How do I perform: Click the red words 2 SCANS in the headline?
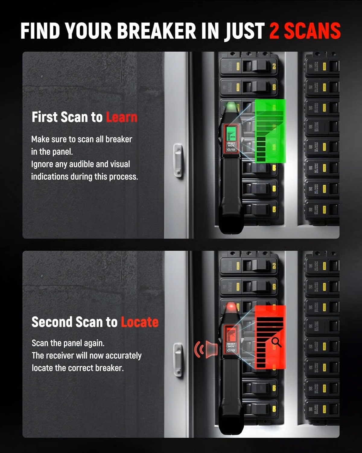point(305,31)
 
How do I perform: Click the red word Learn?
point(122,117)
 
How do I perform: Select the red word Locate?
point(140,322)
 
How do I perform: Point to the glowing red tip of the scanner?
point(231,308)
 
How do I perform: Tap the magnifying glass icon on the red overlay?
point(276,342)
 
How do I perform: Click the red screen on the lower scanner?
point(231,333)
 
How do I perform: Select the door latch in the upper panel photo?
point(178,161)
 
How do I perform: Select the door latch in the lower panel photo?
point(178,360)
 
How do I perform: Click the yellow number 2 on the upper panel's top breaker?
point(274,66)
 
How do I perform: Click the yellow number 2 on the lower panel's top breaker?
point(274,266)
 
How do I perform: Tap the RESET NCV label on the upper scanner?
point(231,144)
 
